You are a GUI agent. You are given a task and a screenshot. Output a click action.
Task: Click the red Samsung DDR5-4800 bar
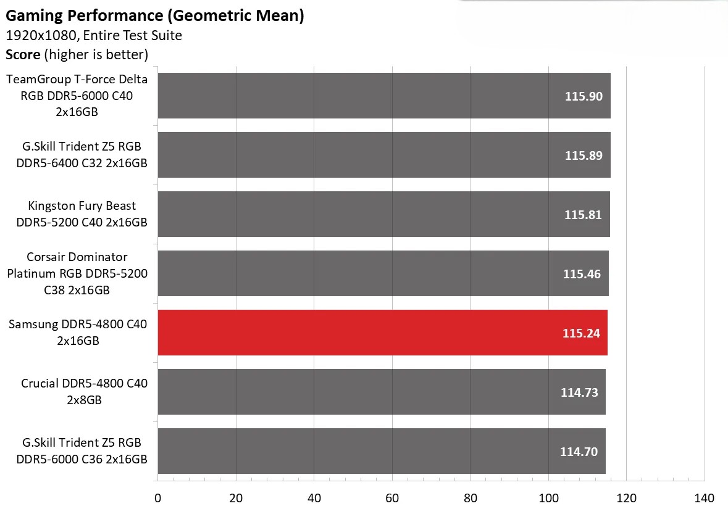pos(382,333)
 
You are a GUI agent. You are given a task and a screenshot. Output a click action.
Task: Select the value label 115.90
pos(584,96)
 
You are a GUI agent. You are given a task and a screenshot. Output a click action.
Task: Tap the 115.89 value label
pos(584,155)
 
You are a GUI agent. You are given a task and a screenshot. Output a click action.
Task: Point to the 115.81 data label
pos(583,215)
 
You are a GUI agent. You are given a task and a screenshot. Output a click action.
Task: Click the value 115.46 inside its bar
pos(582,274)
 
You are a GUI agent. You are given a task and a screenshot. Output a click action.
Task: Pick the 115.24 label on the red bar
pos(581,333)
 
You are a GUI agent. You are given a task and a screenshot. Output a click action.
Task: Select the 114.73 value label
pos(579,392)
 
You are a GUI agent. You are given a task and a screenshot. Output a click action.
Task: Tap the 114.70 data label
pos(579,452)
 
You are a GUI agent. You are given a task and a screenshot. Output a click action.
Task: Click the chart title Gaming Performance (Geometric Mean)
pos(155,16)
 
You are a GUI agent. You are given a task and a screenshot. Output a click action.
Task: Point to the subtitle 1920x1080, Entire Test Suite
pos(94,36)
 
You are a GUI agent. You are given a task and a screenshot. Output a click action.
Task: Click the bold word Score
pos(23,54)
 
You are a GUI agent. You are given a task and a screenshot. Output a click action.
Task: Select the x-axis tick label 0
pos(158,499)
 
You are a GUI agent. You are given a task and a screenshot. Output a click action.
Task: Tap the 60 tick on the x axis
pos(392,499)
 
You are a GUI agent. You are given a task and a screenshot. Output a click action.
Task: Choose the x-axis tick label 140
pos(705,499)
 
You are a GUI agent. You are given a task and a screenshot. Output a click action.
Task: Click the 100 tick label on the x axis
pos(548,499)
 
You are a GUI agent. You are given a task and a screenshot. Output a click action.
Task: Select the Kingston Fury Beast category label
pos(82,214)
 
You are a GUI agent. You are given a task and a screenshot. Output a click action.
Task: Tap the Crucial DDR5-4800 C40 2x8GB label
pos(84,392)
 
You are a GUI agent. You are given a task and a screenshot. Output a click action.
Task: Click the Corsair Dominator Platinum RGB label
pos(77,273)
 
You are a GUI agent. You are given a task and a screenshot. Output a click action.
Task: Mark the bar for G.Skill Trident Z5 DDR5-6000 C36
pos(381,451)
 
